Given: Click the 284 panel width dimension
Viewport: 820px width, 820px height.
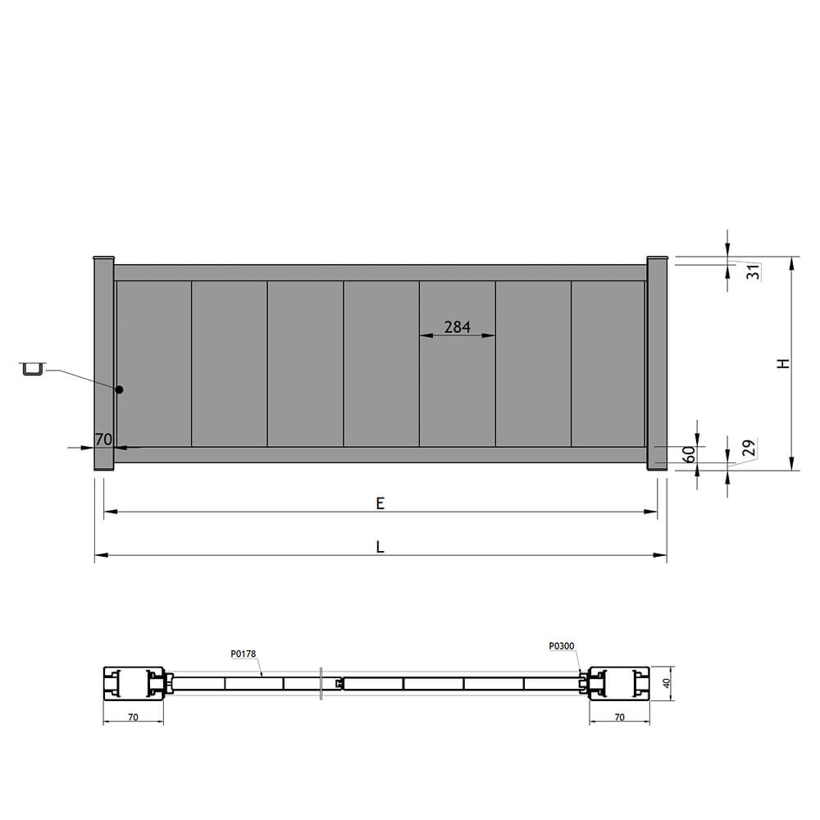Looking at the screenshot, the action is click(x=457, y=327).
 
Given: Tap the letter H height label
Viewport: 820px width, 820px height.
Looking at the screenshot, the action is click(x=783, y=363).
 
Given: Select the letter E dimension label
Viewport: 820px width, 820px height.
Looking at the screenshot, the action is click(x=380, y=503).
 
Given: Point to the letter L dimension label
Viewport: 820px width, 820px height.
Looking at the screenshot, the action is click(x=380, y=547).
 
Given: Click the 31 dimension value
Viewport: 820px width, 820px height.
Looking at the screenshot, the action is click(x=753, y=271).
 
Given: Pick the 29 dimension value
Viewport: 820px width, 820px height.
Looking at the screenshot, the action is click(x=749, y=449).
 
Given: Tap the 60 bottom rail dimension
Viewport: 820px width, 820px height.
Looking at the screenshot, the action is click(x=690, y=454).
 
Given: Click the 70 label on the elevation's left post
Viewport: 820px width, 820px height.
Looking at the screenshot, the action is click(x=103, y=440).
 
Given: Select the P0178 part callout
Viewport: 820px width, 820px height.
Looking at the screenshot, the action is click(x=244, y=654).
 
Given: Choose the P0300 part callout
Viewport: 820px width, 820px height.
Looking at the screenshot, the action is click(x=561, y=646).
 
